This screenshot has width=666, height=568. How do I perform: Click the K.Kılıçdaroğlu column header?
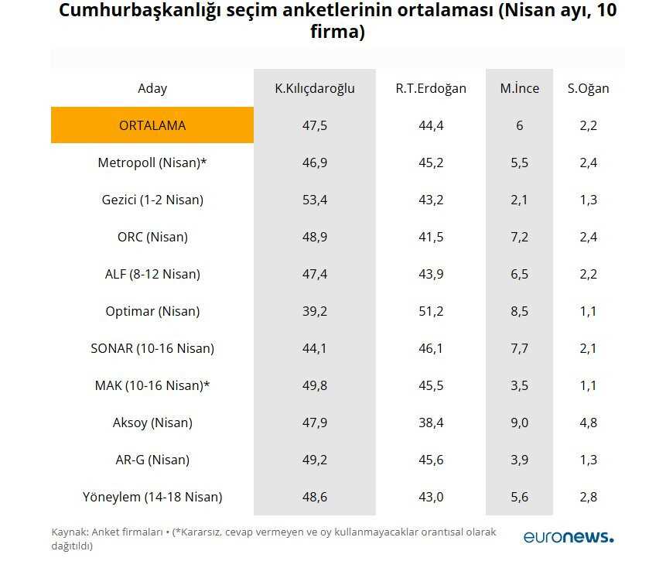coord(315,88)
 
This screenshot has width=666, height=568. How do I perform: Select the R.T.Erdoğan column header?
coord(431,88)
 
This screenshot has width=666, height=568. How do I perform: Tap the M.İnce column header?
coord(520,88)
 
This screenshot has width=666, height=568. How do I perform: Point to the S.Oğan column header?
coord(588,88)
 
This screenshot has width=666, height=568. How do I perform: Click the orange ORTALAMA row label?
coord(152,125)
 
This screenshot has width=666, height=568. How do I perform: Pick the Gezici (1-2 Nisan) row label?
coord(152,200)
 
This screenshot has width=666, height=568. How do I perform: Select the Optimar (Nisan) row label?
coord(152,311)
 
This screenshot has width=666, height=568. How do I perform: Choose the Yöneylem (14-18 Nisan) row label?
coord(152,497)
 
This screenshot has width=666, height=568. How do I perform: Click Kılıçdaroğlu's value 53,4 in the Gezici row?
coord(315,200)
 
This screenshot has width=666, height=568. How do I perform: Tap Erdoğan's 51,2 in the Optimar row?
coord(431,311)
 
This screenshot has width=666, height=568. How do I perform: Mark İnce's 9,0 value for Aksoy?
coord(520,423)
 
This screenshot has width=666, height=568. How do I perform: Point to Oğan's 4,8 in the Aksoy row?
coord(588,423)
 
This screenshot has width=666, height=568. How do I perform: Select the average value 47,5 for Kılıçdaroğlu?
coord(315,125)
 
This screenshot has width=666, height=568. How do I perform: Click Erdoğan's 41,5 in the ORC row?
coord(431,237)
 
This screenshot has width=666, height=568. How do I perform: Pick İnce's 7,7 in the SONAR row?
coord(520,348)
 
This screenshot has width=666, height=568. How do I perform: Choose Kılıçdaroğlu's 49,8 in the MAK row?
coord(315,385)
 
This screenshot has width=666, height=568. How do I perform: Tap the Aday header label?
coord(152,88)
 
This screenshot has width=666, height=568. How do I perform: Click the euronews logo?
coord(568,536)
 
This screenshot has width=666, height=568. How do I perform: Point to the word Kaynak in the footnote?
coord(69,532)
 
